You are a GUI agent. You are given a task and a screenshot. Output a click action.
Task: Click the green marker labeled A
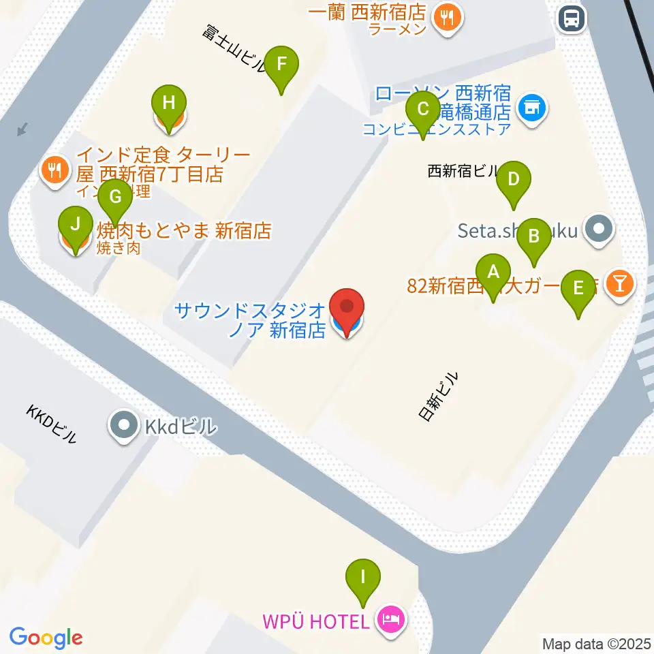[493, 274]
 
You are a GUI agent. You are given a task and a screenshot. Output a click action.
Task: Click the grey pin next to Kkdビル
[123, 427]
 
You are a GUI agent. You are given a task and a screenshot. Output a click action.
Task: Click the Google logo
[46, 638]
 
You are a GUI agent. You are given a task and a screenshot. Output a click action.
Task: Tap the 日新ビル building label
[438, 396]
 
